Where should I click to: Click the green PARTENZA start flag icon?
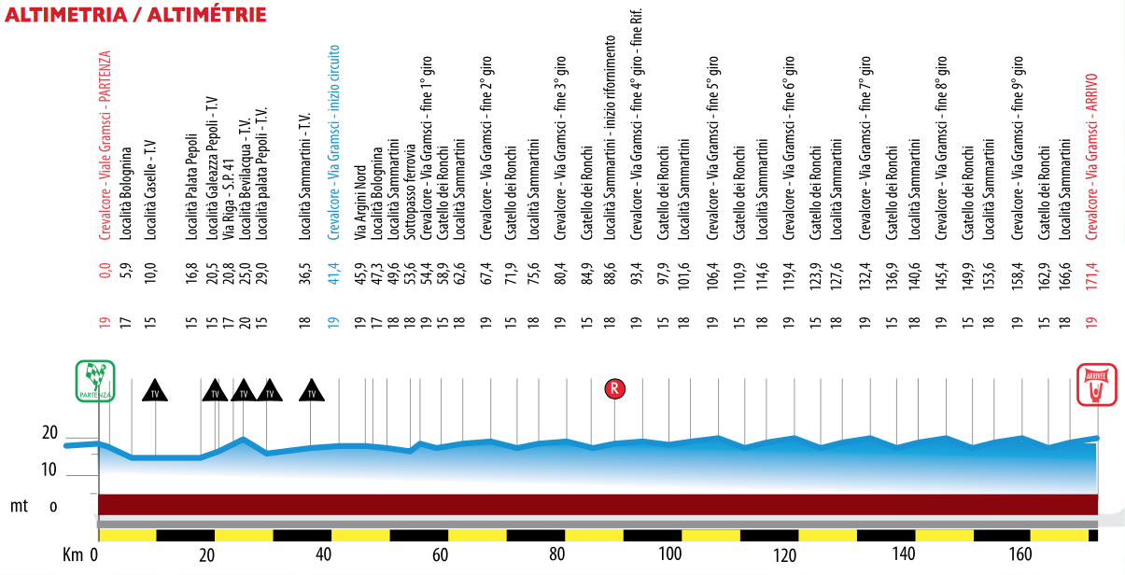[x=95, y=381]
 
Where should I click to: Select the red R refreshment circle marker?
[x=613, y=388]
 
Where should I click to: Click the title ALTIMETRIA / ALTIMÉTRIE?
[x=135, y=15]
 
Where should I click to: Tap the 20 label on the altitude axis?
[x=49, y=433]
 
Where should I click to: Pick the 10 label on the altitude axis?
[x=49, y=469]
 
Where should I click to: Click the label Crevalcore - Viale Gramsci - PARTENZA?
[x=105, y=146]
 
